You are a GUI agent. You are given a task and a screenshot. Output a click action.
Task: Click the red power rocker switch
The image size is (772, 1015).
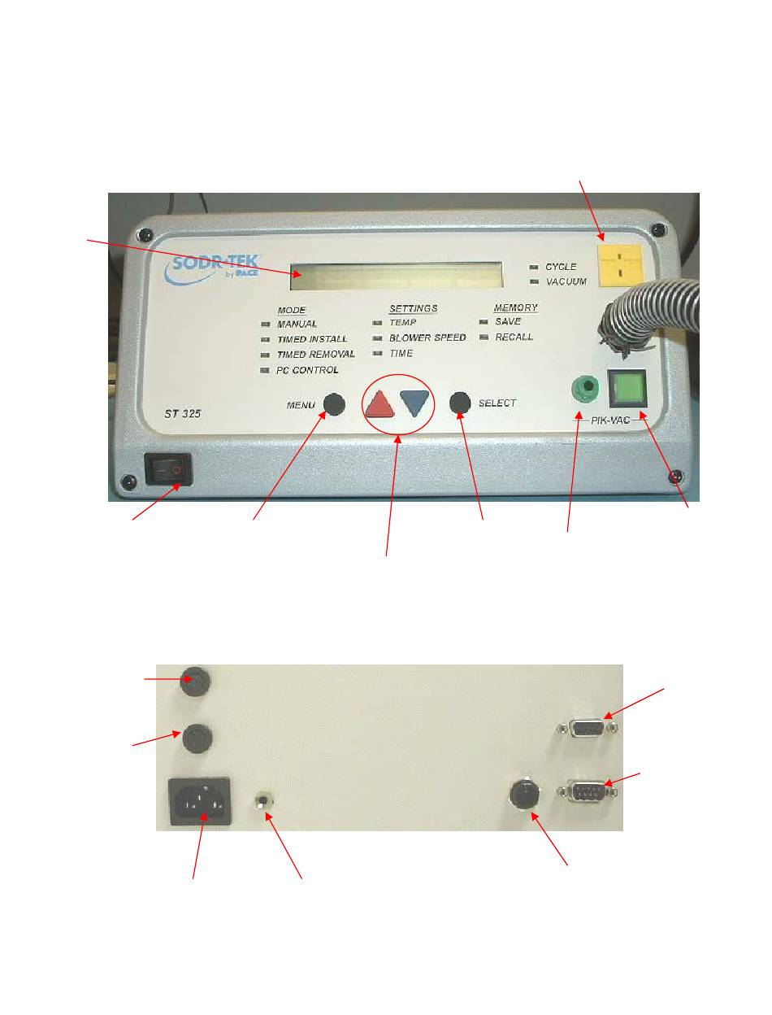point(168,469)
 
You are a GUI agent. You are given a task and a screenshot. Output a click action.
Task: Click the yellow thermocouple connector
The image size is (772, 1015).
point(618,262)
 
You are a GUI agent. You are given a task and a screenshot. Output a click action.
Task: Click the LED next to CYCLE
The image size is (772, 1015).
point(533,267)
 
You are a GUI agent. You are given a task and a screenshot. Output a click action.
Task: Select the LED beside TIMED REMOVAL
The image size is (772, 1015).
point(265,355)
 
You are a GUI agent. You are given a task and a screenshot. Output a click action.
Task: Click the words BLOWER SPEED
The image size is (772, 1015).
point(427,338)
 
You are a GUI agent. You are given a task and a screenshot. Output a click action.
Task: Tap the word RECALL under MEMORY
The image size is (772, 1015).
point(514,337)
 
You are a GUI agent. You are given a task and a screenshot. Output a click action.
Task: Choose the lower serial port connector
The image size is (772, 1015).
point(587,791)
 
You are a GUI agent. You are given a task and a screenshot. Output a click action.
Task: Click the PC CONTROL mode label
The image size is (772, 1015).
point(307,370)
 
